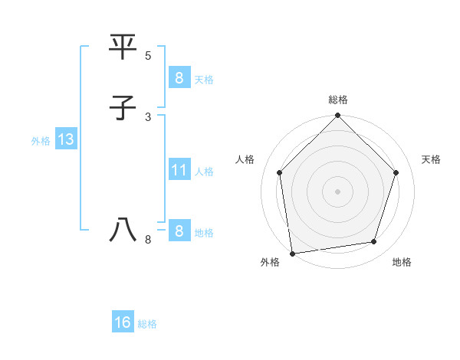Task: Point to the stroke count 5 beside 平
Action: click(148, 56)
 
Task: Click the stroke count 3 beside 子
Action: click(148, 116)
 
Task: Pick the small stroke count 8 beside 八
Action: click(148, 240)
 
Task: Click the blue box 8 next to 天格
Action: click(179, 77)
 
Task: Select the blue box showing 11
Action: click(179, 169)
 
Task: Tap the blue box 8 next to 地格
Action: click(179, 231)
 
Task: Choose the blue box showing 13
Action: click(65, 139)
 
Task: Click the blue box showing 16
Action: click(123, 322)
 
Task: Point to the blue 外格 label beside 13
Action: click(41, 141)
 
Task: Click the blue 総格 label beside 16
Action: click(147, 324)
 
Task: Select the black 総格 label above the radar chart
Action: click(338, 100)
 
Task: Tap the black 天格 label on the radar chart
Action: click(431, 159)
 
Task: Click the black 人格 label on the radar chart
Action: click(245, 159)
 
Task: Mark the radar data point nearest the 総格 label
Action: click(338, 116)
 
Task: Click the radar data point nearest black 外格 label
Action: click(292, 253)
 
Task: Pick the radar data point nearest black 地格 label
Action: click(374, 242)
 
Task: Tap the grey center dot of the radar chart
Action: click(338, 191)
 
